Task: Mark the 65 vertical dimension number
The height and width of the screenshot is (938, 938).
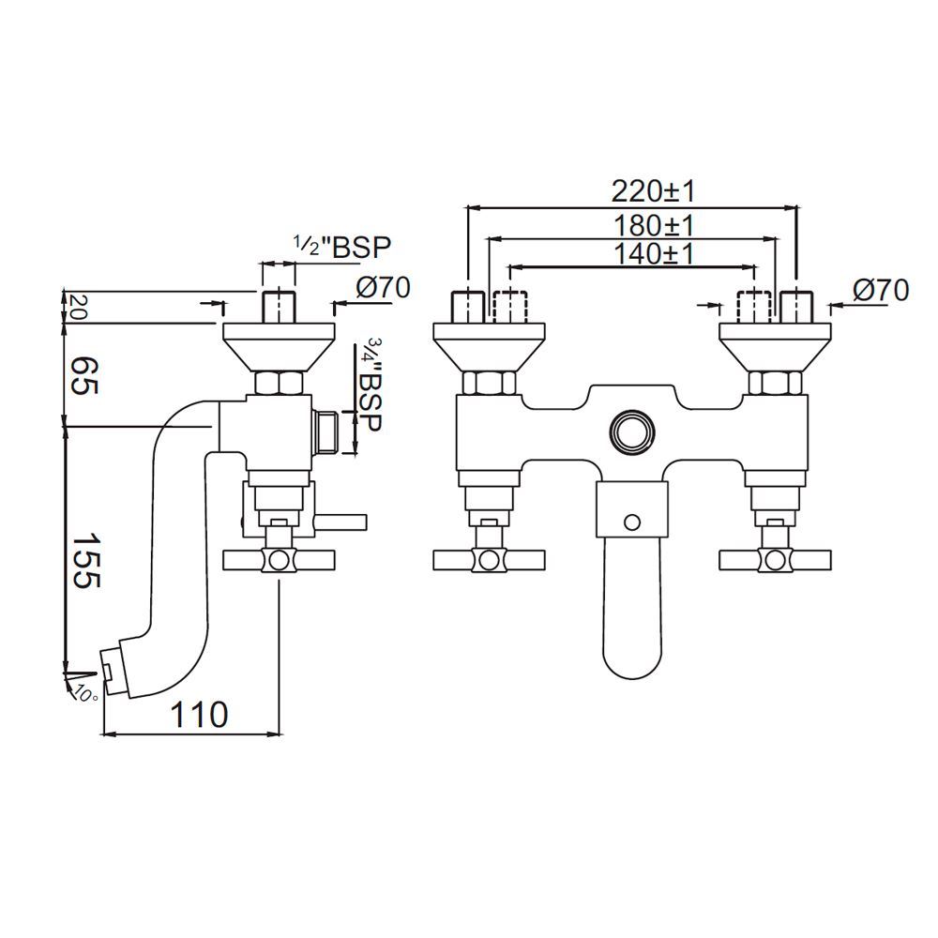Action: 83,376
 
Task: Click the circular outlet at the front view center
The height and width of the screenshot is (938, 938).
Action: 631,432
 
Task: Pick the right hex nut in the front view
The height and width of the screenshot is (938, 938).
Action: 774,383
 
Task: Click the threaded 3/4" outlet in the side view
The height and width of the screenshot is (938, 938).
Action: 326,431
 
